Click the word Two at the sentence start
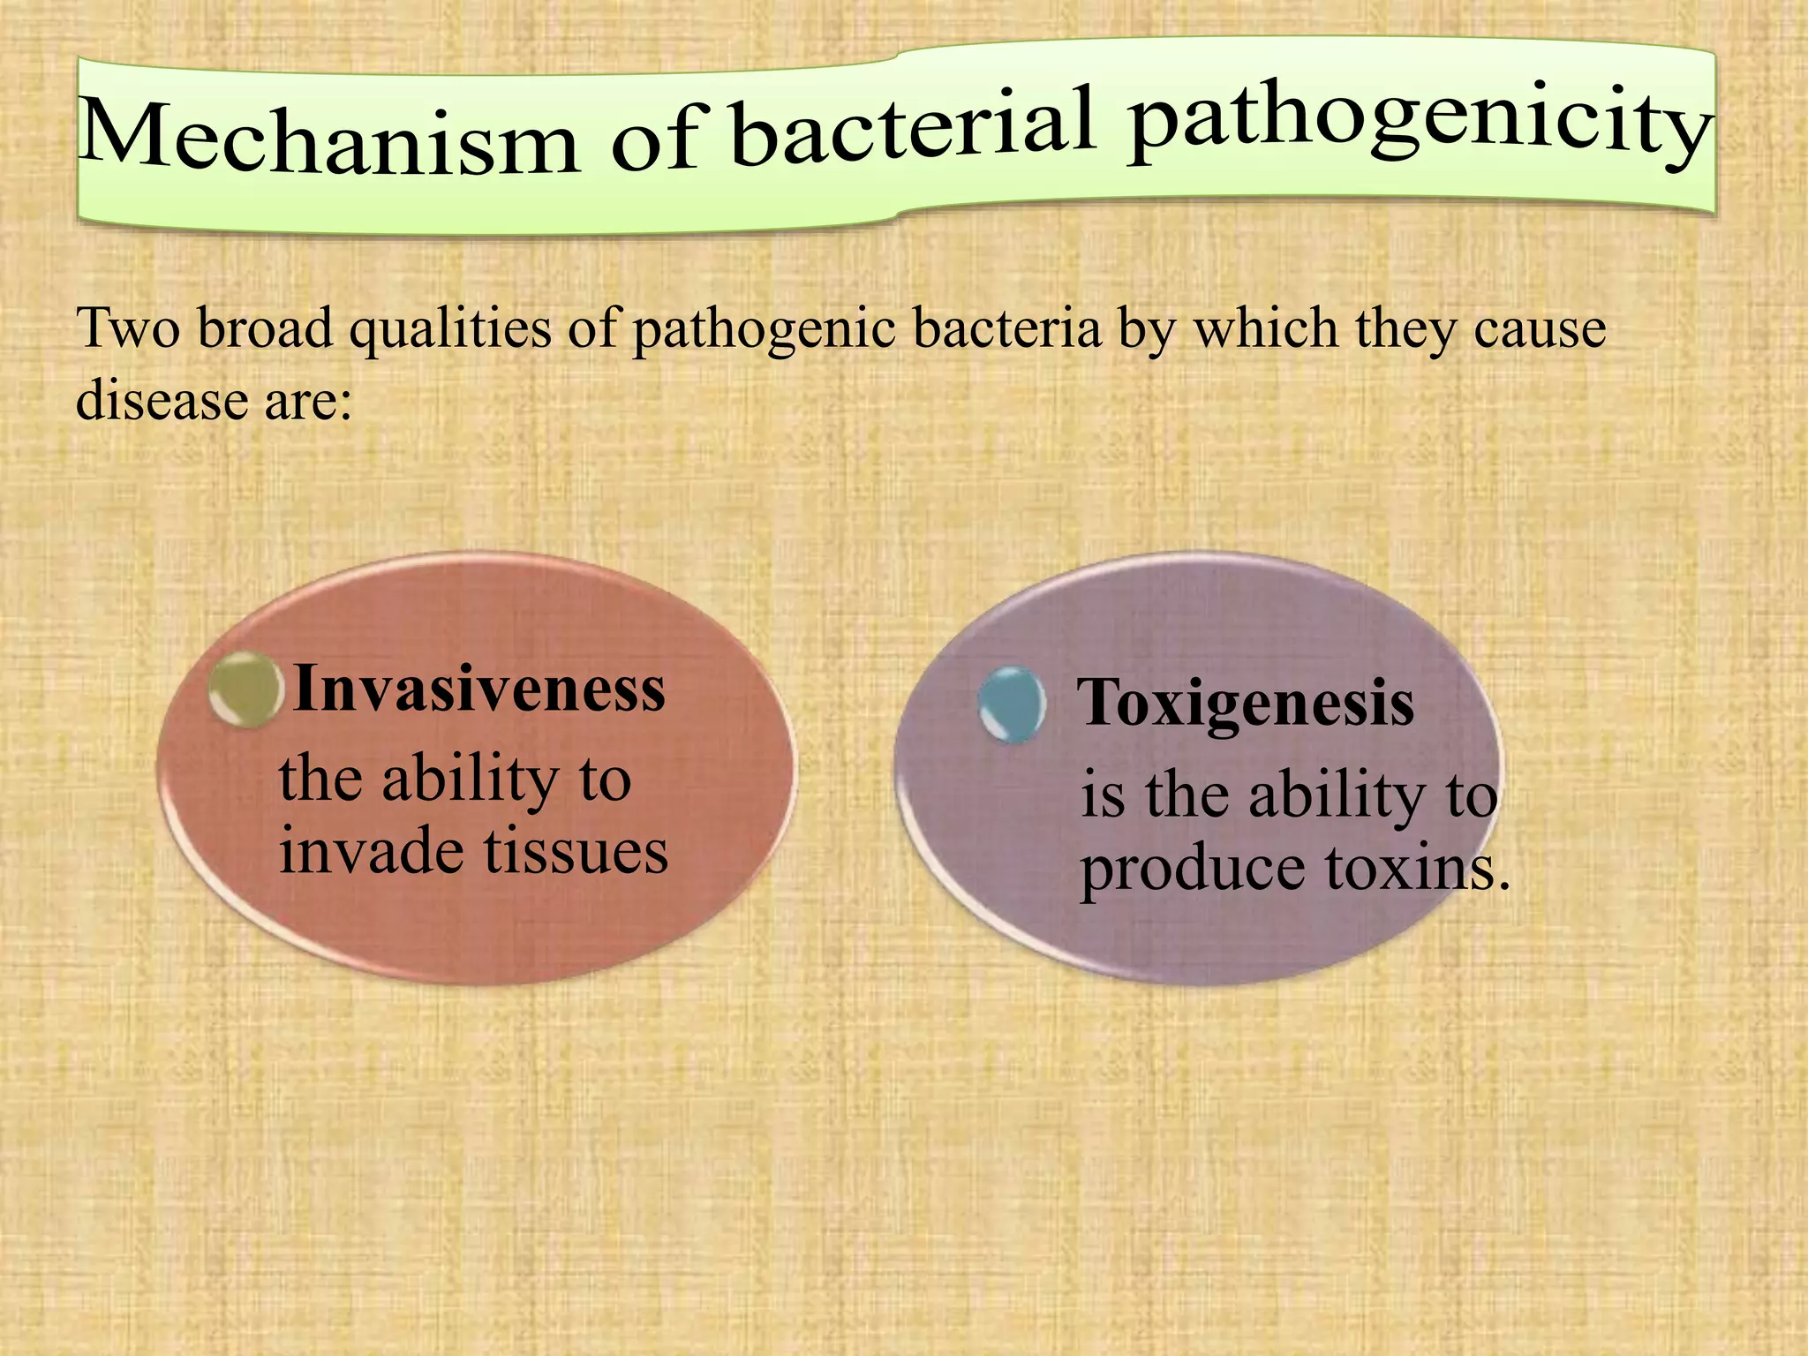point(128,328)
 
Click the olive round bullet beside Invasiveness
point(246,689)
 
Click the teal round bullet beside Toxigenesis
point(1013,704)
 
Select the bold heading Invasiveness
point(479,689)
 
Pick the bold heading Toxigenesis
point(1247,704)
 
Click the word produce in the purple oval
point(1192,870)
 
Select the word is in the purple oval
point(1103,795)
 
